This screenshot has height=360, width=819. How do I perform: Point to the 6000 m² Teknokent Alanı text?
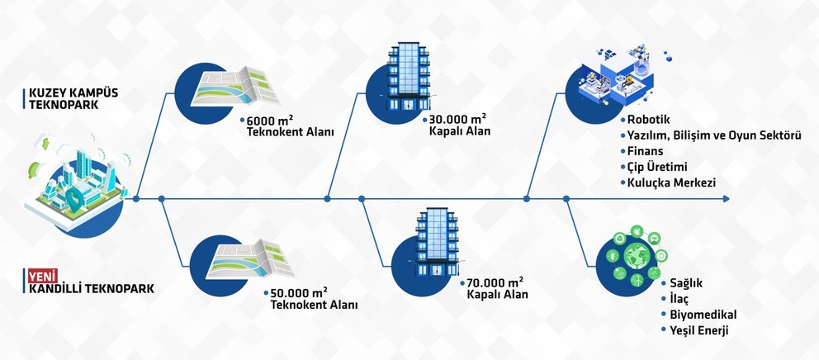(289, 126)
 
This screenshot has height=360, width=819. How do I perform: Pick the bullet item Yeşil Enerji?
(694, 330)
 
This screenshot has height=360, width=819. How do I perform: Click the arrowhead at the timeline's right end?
(725, 198)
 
